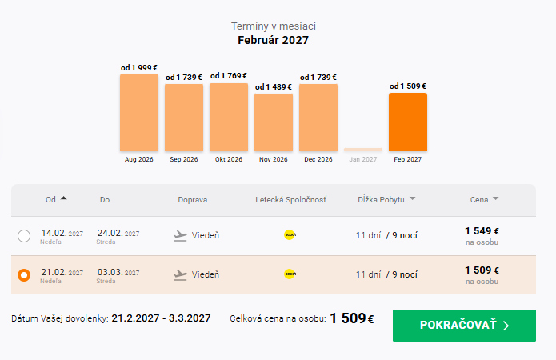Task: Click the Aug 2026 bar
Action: [139, 113]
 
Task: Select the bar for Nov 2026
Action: [274, 122]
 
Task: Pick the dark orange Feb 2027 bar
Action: [408, 122]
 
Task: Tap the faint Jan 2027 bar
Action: [363, 150]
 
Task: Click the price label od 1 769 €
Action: [229, 76]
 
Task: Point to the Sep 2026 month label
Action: [184, 160]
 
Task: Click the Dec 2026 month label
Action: [318, 160]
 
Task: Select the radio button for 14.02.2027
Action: [24, 236]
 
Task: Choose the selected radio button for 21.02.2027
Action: [24, 275]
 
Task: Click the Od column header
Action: [50, 200]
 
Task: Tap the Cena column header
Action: [479, 200]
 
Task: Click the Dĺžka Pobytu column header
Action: [381, 200]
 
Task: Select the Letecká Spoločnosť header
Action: [290, 200]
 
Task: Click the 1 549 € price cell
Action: [482, 231]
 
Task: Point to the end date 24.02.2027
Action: [118, 233]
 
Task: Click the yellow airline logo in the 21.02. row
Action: [290, 274]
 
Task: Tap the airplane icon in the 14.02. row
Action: [181, 236]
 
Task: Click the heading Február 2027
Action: [273, 40]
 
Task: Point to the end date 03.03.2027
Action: [118, 272]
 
